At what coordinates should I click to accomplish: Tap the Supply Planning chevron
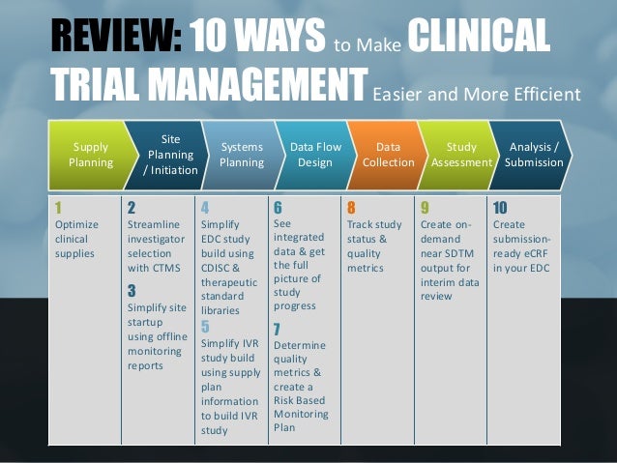(90, 155)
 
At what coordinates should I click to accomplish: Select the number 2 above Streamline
(132, 207)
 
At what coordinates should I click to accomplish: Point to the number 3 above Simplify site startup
(132, 290)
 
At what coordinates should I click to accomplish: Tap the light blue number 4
(204, 207)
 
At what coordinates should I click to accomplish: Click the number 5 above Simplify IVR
(205, 325)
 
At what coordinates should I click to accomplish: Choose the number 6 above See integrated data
(278, 207)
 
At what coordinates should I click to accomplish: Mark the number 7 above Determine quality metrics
(279, 328)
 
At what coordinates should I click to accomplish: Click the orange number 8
(350, 207)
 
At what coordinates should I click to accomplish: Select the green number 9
(425, 207)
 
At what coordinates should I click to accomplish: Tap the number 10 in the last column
(500, 207)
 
